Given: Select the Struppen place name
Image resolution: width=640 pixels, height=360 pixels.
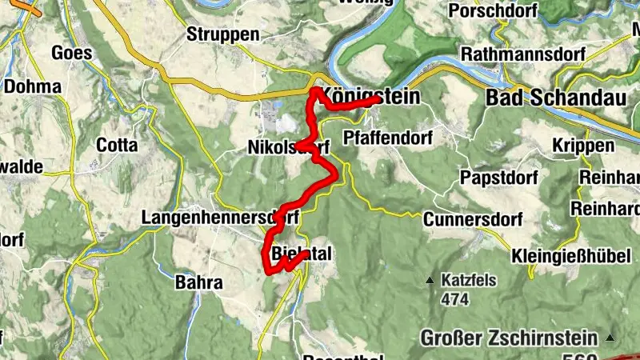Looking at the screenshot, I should [x=222, y=34].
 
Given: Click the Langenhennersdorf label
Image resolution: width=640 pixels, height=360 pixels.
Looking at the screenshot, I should [x=219, y=217].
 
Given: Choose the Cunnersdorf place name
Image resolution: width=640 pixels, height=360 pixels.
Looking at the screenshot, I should [x=473, y=219].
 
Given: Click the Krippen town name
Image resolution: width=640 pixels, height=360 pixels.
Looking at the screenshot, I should [x=583, y=146].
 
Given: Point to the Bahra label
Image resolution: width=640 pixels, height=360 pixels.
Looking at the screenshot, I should [x=198, y=282].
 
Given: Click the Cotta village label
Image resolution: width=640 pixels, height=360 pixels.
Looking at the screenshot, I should [x=117, y=146].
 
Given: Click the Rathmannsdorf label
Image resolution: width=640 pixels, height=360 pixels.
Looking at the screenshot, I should [x=523, y=54].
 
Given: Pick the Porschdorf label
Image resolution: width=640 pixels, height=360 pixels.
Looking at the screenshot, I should [x=491, y=11].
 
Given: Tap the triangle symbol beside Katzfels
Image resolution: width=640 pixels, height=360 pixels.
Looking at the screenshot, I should [x=430, y=281].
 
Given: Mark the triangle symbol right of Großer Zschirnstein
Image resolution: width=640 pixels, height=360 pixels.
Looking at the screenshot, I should [x=610, y=338].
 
